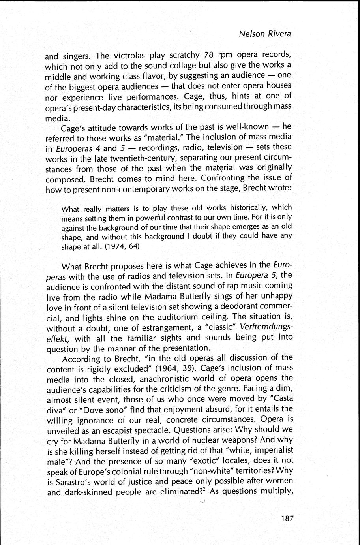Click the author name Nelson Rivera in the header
265,34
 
